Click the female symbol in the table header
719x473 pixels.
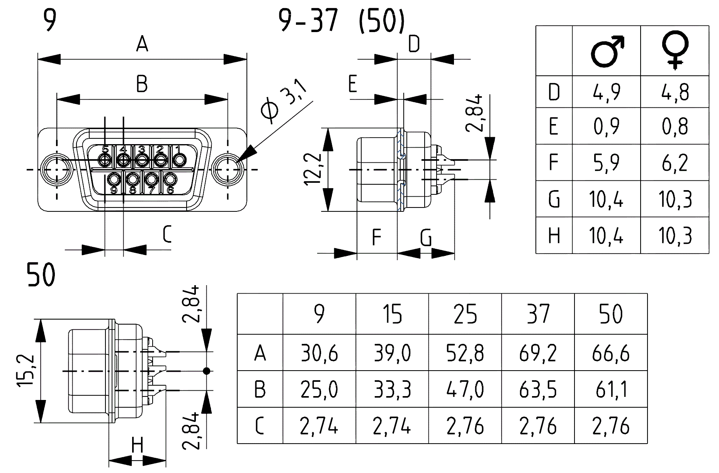click(675, 51)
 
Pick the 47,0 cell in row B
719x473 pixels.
click(465, 390)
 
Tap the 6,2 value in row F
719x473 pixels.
click(675, 163)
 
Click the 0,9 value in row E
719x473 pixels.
click(606, 126)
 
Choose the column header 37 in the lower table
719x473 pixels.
click(538, 314)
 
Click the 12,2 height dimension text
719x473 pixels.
click(313, 169)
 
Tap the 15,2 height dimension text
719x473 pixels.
click(26, 371)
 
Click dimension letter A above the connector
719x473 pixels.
click(142, 44)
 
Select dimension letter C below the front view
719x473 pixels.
click(167, 234)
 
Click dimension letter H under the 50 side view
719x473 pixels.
click(137, 445)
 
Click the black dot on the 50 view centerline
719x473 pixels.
click(206, 371)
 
